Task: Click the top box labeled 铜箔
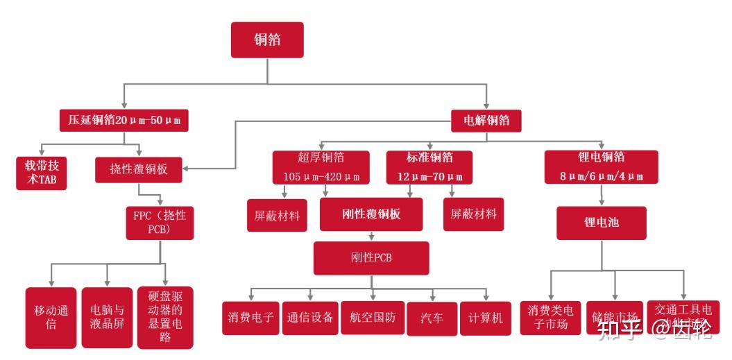(x=268, y=40)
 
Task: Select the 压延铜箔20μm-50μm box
(x=124, y=120)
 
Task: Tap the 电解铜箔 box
(x=486, y=120)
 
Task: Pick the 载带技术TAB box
(x=42, y=173)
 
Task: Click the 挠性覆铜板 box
(x=139, y=169)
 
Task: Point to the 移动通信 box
(x=51, y=318)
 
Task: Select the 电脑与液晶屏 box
(x=107, y=318)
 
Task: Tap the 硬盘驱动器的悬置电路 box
(x=165, y=317)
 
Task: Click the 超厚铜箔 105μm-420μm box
(x=321, y=167)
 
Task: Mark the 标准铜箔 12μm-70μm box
(x=429, y=167)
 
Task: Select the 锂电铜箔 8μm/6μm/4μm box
(x=601, y=167)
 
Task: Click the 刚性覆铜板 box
(x=371, y=214)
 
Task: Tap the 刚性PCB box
(x=371, y=258)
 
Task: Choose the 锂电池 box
(x=601, y=223)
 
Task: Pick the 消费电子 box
(x=250, y=318)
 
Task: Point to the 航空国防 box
(x=373, y=318)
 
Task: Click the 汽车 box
(x=432, y=318)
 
